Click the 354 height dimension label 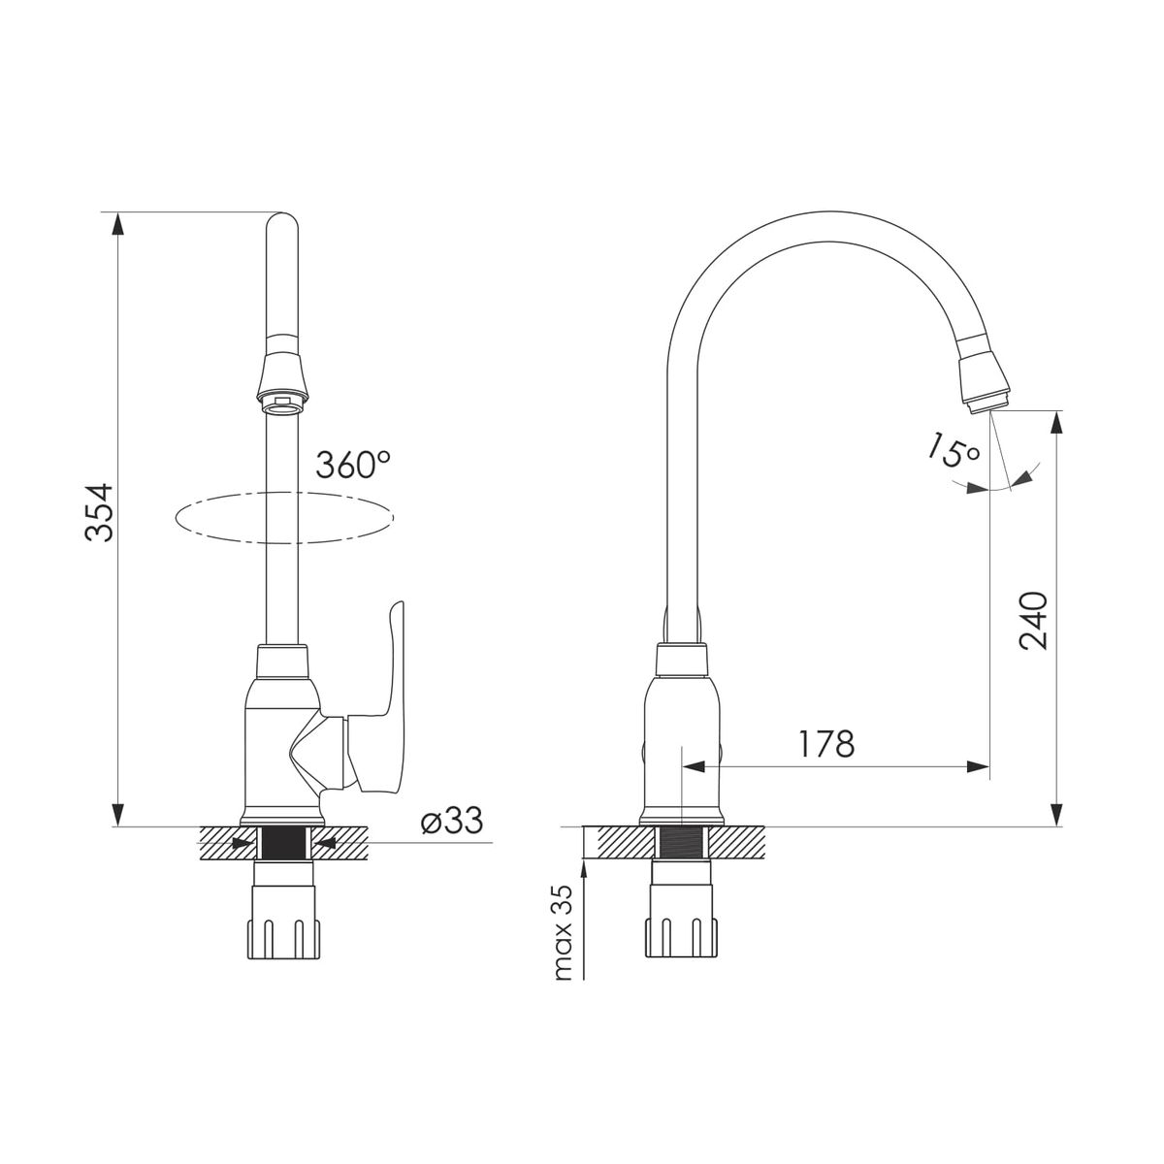[99, 512]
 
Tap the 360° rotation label [353, 465]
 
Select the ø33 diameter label [452, 821]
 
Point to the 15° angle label [954, 451]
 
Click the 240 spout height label [1032, 621]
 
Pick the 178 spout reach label [826, 744]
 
